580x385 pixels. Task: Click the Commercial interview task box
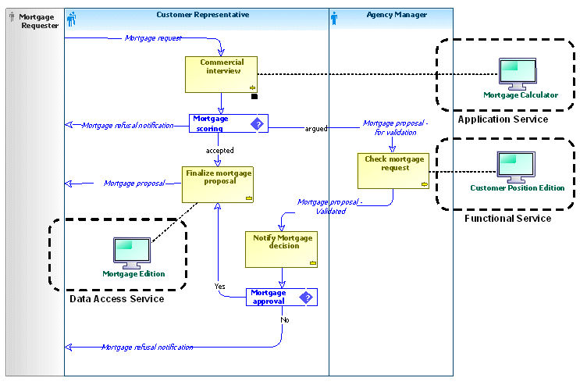[222, 74]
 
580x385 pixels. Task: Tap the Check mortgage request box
[394, 170]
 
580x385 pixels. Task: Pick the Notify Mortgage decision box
[283, 249]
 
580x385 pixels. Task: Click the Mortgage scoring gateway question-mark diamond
[257, 123]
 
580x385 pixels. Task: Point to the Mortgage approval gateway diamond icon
[306, 297]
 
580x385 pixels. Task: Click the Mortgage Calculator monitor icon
[518, 75]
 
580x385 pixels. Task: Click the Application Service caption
[503, 119]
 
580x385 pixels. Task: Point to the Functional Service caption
[507, 219]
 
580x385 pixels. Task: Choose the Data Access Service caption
[116, 299]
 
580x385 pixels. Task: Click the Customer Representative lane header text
[203, 15]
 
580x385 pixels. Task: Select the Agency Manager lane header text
[396, 15]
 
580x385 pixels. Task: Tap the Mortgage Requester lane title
[38, 20]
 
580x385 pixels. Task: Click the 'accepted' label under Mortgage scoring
[219, 150]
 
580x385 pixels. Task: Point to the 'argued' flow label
[315, 128]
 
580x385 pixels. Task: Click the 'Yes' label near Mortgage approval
[220, 287]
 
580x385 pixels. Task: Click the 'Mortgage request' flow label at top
[153, 37]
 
